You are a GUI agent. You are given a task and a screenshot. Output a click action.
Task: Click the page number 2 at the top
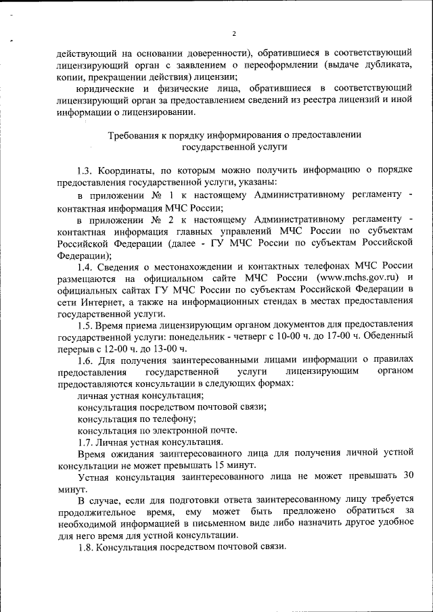click(234, 33)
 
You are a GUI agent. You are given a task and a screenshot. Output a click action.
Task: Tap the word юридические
click(106, 89)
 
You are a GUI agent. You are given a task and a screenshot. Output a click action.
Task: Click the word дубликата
click(385, 64)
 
